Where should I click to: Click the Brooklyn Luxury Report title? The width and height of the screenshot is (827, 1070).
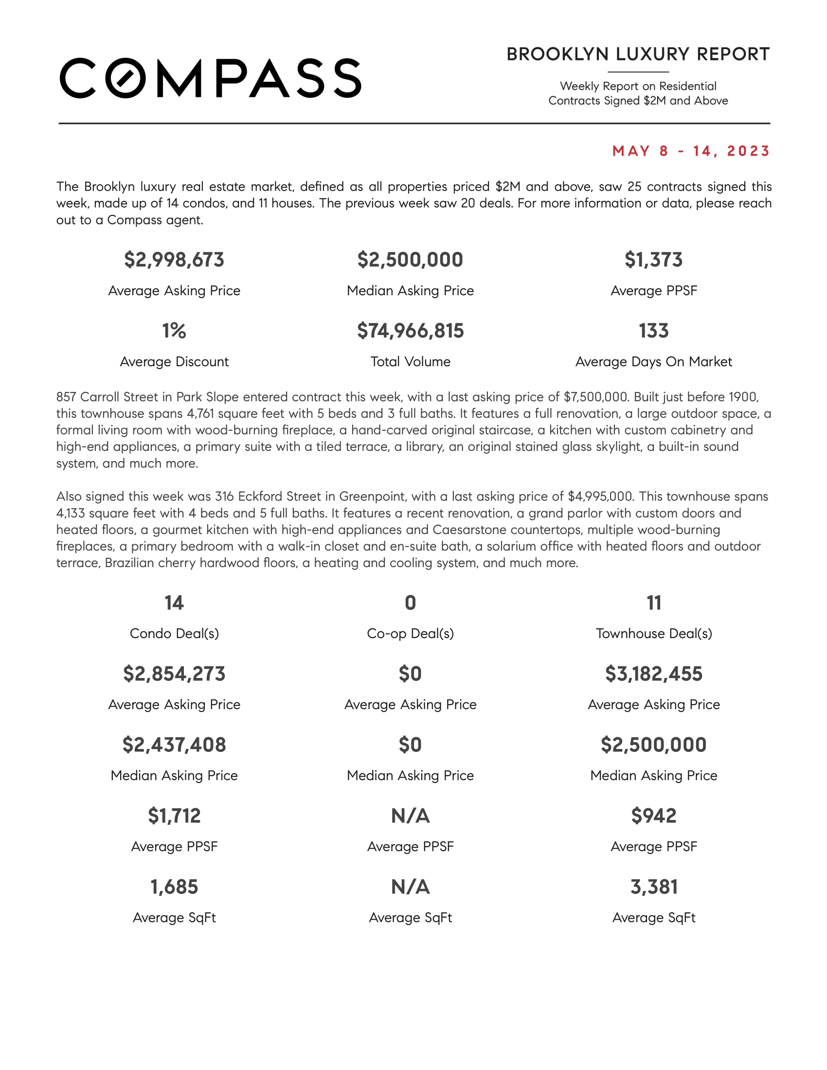[638, 54]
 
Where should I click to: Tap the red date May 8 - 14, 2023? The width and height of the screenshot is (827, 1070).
[691, 151]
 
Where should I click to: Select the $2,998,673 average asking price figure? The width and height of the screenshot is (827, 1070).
[174, 260]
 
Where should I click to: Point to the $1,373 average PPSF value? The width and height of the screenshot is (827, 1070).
[653, 260]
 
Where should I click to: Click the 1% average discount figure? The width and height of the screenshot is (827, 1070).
[174, 331]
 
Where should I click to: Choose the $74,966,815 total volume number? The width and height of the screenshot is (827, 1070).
[410, 331]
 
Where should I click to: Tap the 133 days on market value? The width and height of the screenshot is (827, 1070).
[653, 331]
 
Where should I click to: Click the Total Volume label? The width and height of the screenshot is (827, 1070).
[410, 361]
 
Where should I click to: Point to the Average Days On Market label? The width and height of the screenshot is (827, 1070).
[653, 361]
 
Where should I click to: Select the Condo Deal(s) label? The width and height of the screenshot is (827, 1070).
[174, 633]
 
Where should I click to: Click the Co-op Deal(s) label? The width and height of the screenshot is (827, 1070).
[410, 633]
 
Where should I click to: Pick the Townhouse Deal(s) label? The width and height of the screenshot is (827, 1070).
[653, 633]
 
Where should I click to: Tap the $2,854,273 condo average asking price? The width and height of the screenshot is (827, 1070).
[174, 674]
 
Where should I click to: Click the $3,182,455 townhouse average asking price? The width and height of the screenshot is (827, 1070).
[653, 674]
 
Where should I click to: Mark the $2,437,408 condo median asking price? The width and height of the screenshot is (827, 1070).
[174, 745]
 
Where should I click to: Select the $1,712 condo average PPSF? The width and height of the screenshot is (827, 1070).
[174, 816]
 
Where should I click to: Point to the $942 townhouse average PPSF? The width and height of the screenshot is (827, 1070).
[653, 816]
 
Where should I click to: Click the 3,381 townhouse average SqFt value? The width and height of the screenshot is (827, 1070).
[653, 887]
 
